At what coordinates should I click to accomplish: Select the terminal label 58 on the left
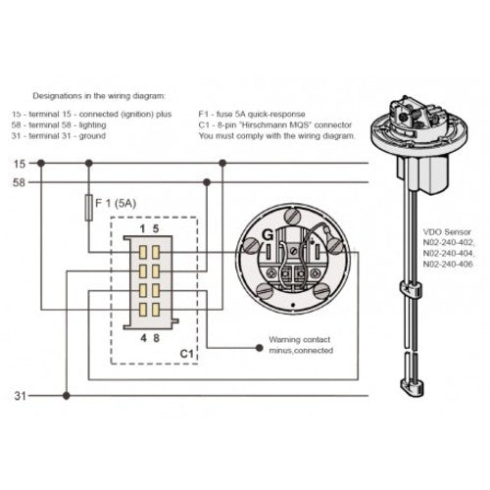(18, 182)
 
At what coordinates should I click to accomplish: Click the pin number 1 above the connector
(143, 229)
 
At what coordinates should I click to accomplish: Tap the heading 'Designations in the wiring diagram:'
(99, 97)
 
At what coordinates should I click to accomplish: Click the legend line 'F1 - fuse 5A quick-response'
(257, 115)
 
